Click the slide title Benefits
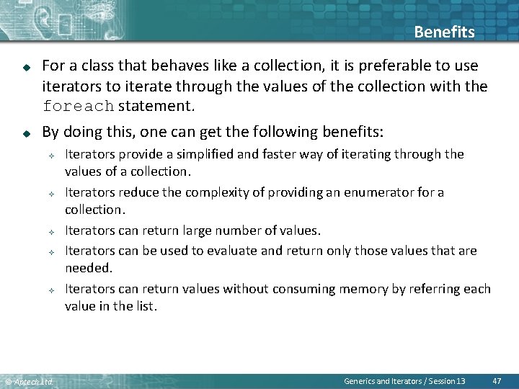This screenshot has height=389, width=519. coord(444,32)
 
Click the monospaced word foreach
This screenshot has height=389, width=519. coord(78,107)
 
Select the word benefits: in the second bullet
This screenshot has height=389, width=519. coord(350,132)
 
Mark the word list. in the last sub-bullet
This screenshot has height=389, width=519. coord(144,305)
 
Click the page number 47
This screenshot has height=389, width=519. coord(497,380)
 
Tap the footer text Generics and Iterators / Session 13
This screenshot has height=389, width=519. coord(404,380)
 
